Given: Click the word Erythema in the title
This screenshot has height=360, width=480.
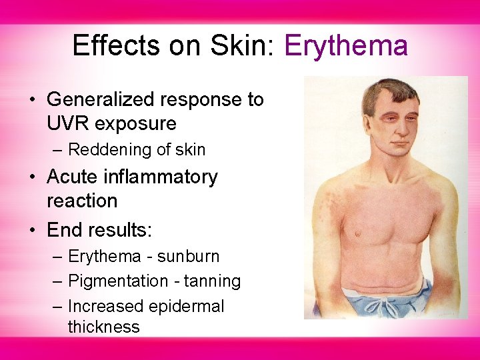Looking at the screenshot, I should [x=345, y=46].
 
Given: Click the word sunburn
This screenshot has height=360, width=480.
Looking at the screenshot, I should [x=188, y=257].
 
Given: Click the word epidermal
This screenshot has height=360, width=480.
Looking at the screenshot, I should [x=187, y=307].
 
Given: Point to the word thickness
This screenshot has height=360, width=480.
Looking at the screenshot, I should [x=103, y=327].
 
